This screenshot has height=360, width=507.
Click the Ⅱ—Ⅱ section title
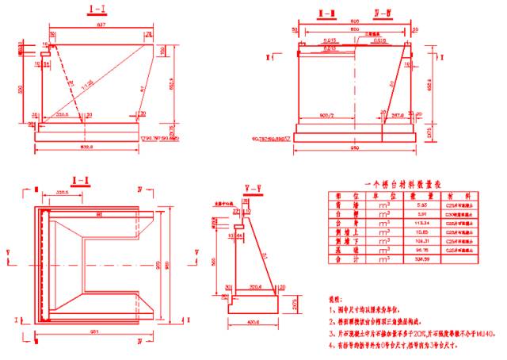tap(325, 13)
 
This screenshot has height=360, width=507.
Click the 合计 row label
tap(349, 259)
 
